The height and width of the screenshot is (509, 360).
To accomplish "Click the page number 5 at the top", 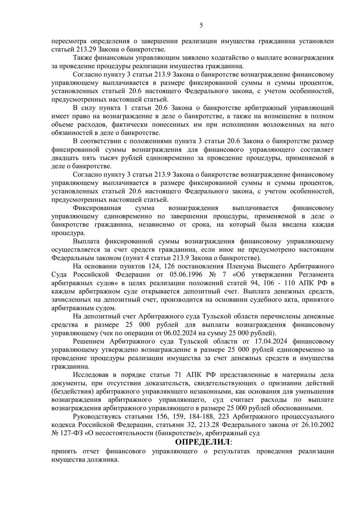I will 201,25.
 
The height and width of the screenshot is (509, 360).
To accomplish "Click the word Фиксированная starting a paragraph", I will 95,208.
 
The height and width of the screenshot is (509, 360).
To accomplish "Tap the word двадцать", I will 66,158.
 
